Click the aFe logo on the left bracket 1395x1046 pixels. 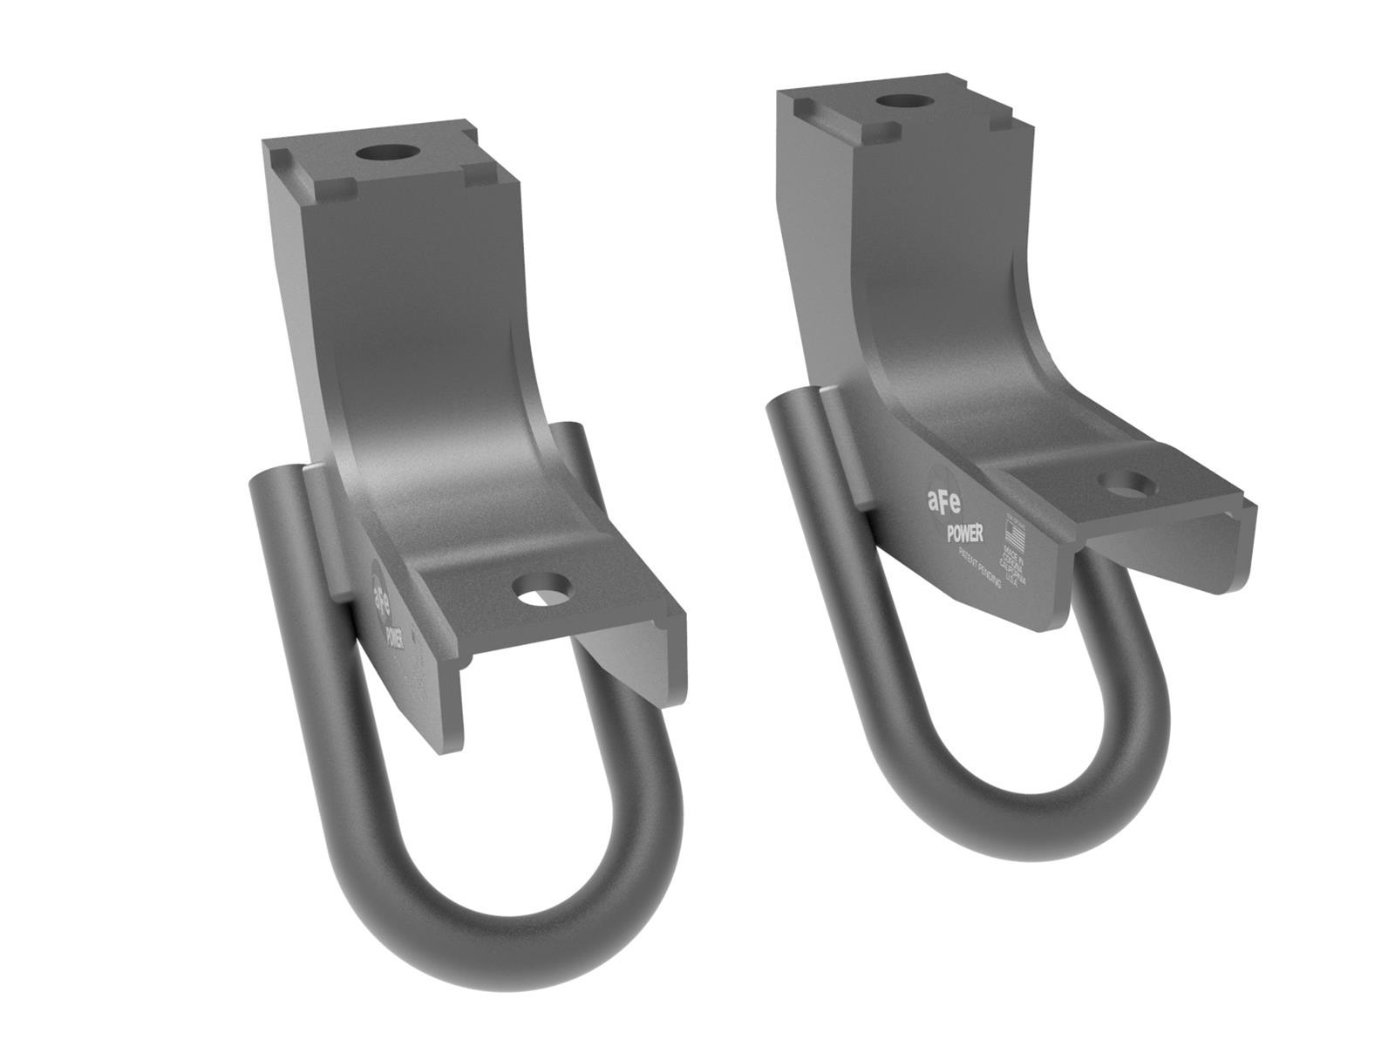pos(381,593)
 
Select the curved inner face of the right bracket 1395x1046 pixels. pos(959,366)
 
